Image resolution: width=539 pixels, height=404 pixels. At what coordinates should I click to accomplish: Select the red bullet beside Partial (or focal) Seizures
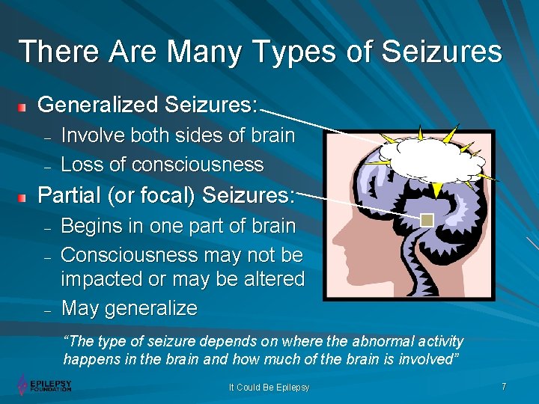click(23, 198)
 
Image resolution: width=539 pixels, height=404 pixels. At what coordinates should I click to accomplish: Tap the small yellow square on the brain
click(427, 220)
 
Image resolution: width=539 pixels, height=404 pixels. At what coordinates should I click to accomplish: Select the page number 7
click(504, 387)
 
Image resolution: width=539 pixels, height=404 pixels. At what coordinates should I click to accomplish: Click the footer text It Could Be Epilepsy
click(269, 388)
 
